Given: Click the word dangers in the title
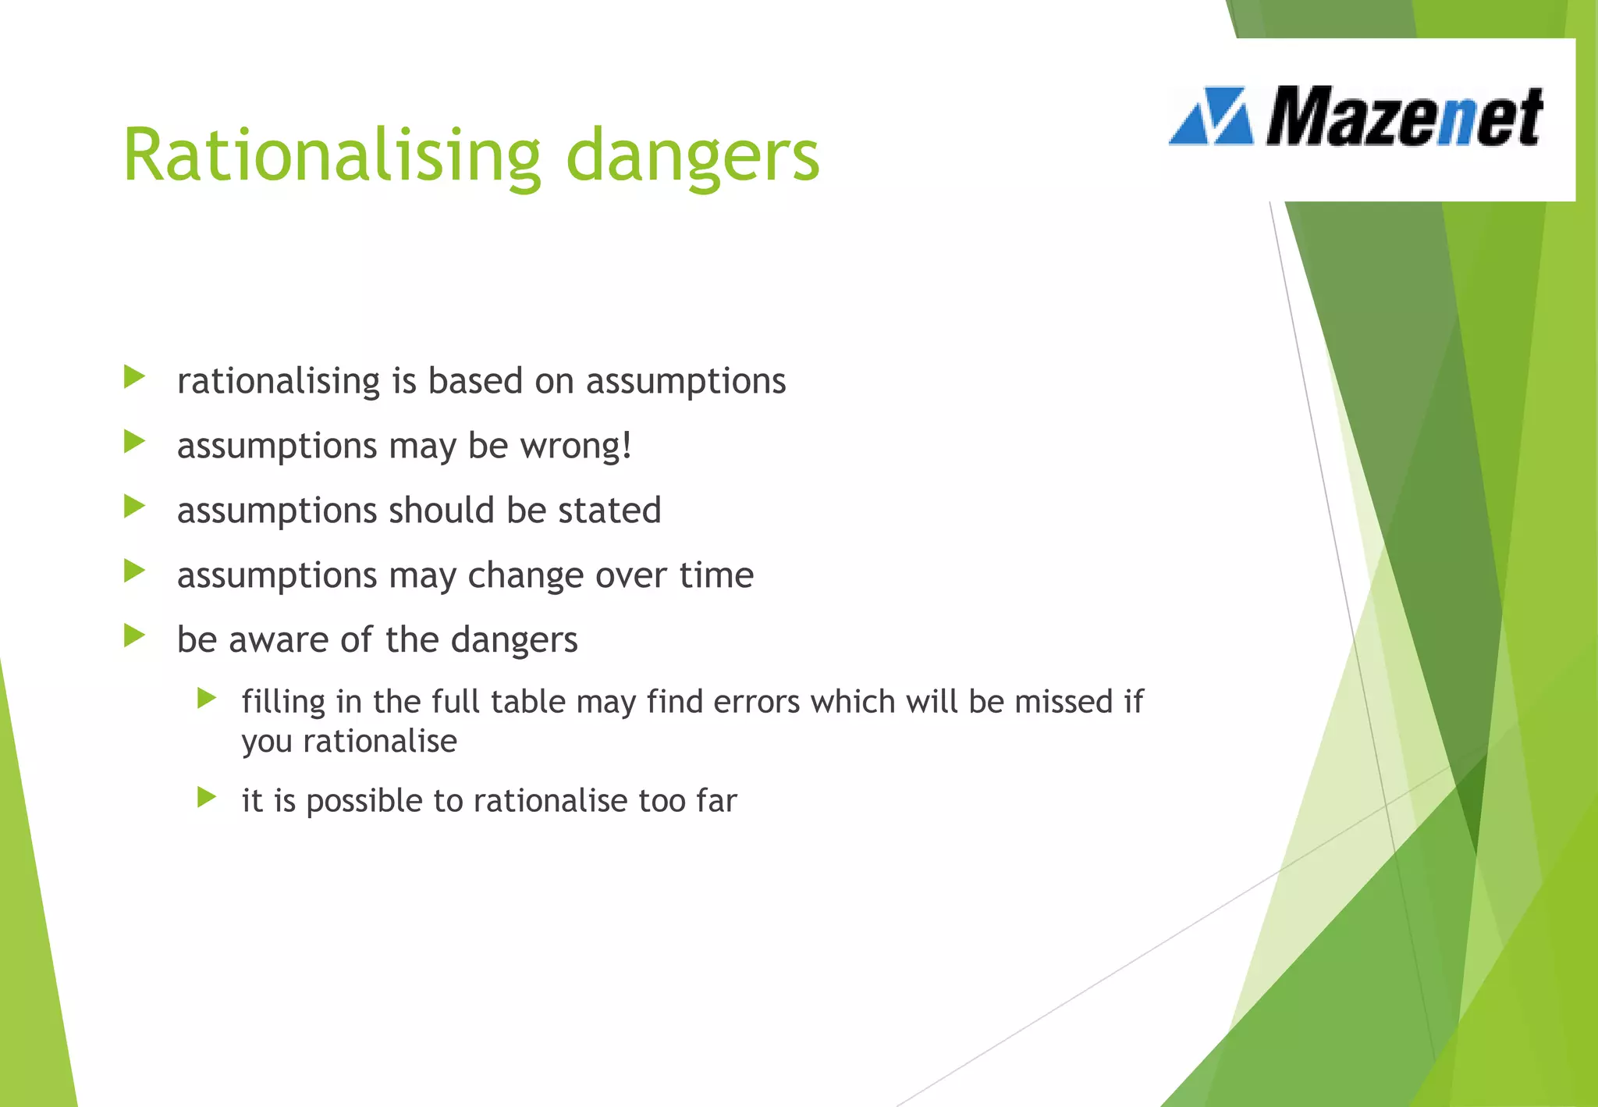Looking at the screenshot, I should click(692, 156).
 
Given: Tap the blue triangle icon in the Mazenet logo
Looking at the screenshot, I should click(1211, 117).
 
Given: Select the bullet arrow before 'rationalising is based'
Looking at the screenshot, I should click(134, 378).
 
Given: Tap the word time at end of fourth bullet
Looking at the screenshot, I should click(716, 575).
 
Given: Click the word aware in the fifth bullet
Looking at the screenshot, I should click(279, 640).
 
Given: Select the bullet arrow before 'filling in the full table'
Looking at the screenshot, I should click(207, 698).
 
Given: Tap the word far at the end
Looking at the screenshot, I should click(716, 801).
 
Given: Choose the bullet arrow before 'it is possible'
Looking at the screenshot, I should click(207, 797).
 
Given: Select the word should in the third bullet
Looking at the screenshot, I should click(442, 511).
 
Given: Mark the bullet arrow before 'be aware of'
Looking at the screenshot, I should click(134, 636).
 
